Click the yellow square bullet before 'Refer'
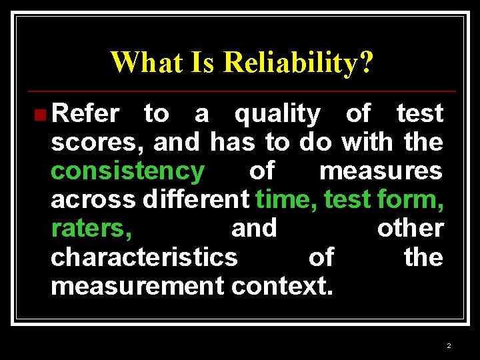point(41,115)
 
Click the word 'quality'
point(277,115)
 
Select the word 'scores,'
point(97,143)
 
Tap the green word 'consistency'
point(127,171)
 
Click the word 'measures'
point(381,171)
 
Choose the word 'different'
point(196,199)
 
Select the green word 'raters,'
point(91,229)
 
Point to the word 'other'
point(410,228)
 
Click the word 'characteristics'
point(143,257)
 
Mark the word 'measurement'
point(137,285)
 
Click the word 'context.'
point(283,285)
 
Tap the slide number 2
point(449,345)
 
